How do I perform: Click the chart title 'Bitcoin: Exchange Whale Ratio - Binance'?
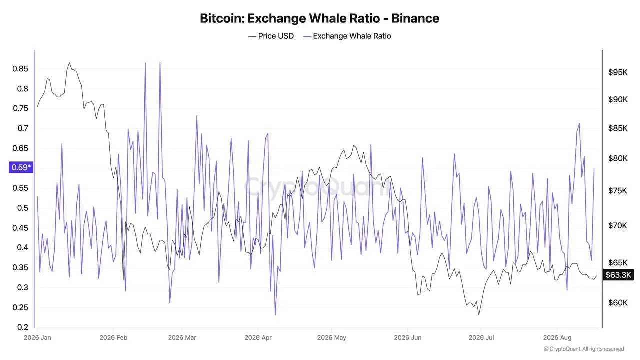pos(319,18)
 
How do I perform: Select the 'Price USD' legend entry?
pos(271,36)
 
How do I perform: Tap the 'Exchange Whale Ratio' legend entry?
pos(347,36)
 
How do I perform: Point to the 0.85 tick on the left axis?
pos(20,69)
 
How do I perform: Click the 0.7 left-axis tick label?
pos(23,128)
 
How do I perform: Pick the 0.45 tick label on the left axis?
pos(20,228)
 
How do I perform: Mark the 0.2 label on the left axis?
pos(23,327)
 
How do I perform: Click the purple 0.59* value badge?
pos(21,167)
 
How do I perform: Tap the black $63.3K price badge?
pos(618,275)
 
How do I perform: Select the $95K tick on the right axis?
pos(618,72)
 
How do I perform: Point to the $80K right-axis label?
pos(618,158)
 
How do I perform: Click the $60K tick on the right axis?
pos(618,303)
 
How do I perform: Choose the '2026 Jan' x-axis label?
pos(37,337)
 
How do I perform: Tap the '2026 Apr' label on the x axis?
pos(258,337)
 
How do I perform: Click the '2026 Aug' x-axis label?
pos(557,337)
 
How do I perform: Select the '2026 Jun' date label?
pos(408,337)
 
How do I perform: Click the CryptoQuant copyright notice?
pos(584,349)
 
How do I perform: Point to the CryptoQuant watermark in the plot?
pos(317,187)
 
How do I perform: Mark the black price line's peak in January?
pos(69,63)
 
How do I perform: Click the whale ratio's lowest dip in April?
pos(275,315)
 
